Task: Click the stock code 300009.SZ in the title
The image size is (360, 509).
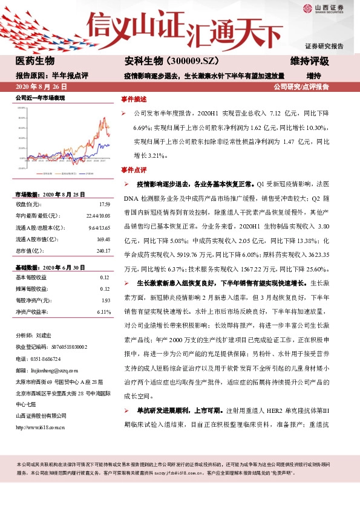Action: [188, 61]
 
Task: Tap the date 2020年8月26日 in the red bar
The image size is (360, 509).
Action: [41, 87]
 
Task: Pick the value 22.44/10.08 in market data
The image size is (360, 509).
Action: [97, 216]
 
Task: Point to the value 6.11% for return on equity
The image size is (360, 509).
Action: [103, 312]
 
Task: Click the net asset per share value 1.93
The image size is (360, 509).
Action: [106, 300]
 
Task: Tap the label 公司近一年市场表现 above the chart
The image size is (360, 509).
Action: [40, 97]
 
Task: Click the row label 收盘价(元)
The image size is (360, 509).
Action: [30, 205]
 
